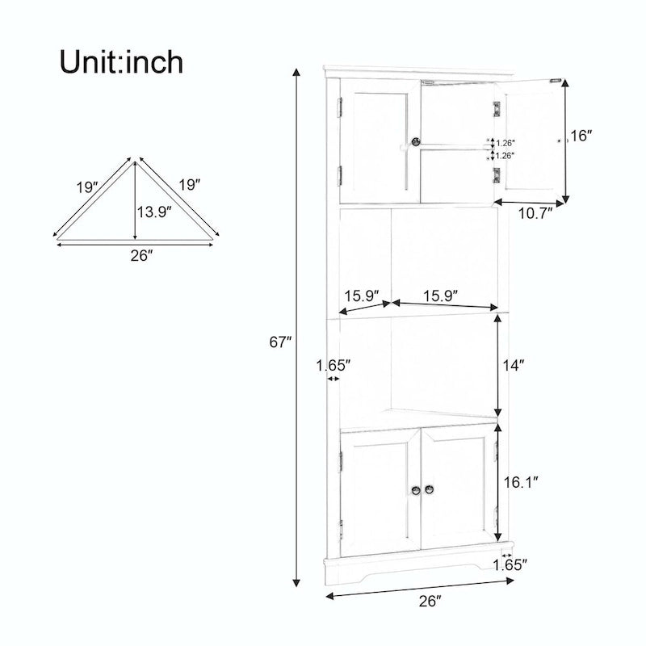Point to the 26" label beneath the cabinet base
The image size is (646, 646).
click(430, 601)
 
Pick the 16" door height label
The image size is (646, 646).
click(581, 136)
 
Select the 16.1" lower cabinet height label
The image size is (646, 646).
click(522, 482)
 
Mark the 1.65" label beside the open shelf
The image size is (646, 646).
click(333, 365)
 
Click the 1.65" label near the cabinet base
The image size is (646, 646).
click(510, 564)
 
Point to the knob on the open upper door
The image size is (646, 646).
click(560, 140)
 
